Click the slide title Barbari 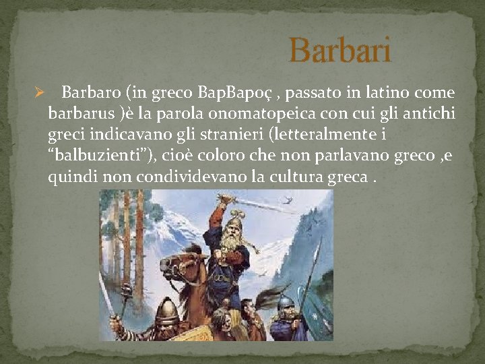[x=339, y=51]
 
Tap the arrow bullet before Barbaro [x=39, y=93]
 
